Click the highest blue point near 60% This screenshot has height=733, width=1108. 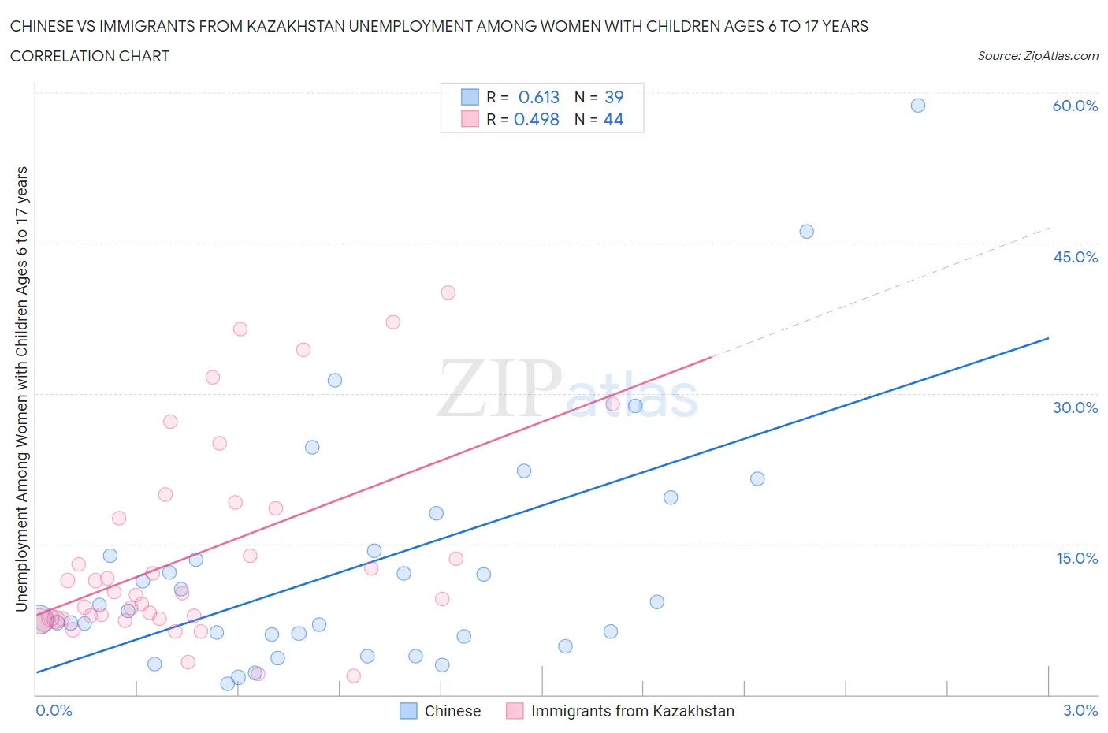(917, 106)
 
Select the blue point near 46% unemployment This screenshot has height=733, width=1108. (806, 232)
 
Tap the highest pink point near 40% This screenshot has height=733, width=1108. (448, 292)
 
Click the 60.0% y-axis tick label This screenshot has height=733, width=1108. (1075, 106)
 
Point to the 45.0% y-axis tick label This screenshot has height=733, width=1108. (1075, 257)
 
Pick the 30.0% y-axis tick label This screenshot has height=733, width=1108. (1075, 407)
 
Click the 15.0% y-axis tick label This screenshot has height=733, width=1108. (1076, 558)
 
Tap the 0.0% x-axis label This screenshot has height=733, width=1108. (54, 710)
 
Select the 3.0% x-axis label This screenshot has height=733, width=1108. (1080, 710)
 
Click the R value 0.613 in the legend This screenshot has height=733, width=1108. (538, 97)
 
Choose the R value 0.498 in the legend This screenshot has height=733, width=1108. (536, 119)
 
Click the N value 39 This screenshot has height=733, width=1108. (613, 97)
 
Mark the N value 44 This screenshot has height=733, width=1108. (613, 119)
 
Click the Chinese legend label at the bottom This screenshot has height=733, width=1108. (452, 711)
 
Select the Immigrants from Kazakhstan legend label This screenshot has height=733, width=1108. (632, 711)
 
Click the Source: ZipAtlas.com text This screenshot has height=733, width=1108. (1037, 55)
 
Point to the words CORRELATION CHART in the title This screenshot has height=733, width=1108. (90, 56)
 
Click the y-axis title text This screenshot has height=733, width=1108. (21, 389)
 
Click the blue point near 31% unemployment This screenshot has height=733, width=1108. (335, 381)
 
